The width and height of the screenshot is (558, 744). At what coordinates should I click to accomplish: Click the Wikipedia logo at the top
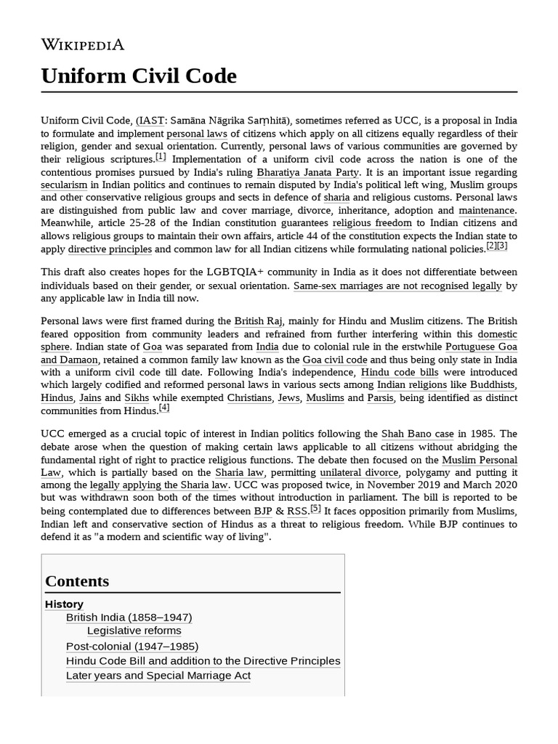pos(82,45)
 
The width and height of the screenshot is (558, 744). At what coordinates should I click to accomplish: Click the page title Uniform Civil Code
pos(139,76)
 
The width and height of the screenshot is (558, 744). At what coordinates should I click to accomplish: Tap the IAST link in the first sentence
pos(150,121)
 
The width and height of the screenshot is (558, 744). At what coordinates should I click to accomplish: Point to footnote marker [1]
pos(161,157)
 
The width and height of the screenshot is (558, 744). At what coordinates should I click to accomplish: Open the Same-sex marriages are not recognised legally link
pos(397,286)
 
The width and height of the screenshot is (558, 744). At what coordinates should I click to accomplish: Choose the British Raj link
pos(258,321)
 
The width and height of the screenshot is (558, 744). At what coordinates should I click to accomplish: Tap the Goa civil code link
pos(335,360)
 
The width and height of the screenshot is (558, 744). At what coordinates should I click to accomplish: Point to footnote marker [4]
pos(164,408)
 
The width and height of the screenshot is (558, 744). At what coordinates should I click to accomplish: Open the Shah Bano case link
pos(417,434)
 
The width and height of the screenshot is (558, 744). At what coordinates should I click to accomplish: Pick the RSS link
pos(297,511)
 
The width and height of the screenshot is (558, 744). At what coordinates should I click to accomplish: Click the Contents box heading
pos(77,581)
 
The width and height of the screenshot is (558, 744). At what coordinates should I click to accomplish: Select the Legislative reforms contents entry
pos(134,631)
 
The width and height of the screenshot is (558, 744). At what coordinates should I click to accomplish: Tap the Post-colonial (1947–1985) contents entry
pos(132,646)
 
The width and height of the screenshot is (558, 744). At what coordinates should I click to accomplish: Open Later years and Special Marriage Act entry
pos(158,676)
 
